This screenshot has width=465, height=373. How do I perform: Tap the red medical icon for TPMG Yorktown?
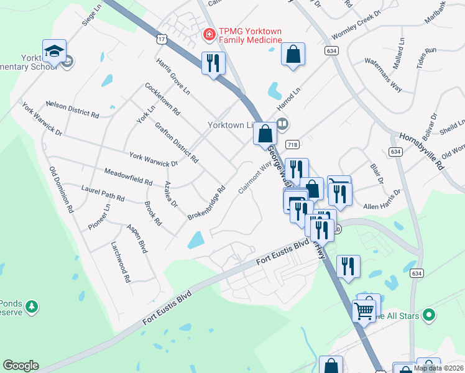click(x=209, y=33)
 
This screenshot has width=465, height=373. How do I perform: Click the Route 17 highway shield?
click(x=161, y=40)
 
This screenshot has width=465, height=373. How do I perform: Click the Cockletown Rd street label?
click(x=162, y=99)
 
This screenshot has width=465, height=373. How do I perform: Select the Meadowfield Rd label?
click(x=128, y=177)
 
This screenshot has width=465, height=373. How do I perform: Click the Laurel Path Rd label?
click(x=103, y=193)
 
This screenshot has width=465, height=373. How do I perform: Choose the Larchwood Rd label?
click(x=120, y=262)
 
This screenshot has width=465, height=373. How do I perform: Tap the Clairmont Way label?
click(x=255, y=178)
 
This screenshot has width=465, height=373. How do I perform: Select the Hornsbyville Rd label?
click(x=424, y=151)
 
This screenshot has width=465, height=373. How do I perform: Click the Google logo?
click(x=21, y=366)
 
